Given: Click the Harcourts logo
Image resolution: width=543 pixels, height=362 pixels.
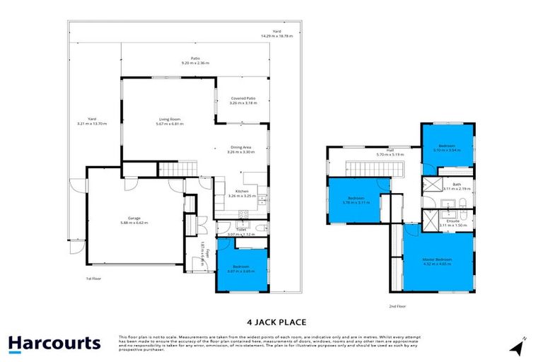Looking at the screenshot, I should [x=54, y=344].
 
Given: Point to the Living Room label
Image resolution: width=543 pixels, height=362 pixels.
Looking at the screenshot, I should [x=169, y=122].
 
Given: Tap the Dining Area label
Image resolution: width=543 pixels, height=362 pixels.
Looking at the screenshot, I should [x=239, y=149].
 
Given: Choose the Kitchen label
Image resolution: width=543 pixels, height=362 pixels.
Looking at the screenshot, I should [x=241, y=194].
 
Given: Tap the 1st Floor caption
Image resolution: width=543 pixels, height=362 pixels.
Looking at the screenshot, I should [x=94, y=278].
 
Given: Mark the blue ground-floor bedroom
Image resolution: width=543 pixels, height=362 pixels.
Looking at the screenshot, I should [x=242, y=268].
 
